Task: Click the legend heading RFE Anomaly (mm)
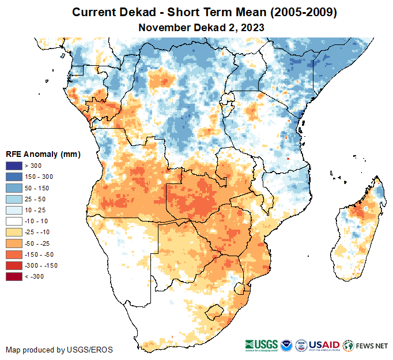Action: (43, 155)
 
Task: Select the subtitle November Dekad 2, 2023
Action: (197, 27)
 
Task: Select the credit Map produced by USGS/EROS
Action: (59, 350)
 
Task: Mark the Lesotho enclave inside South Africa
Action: (216, 311)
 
